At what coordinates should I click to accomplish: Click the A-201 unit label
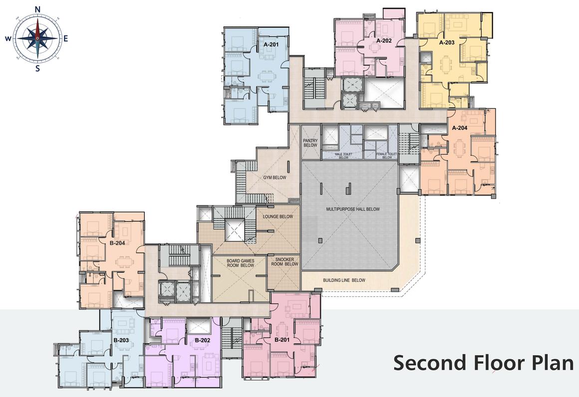(x=271, y=44)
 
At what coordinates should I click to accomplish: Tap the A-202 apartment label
(x=384, y=40)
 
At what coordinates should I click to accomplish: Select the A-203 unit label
(x=447, y=42)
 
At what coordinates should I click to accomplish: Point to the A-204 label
(x=460, y=128)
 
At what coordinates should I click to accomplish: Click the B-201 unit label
(x=282, y=340)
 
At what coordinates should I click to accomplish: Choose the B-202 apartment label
(x=202, y=340)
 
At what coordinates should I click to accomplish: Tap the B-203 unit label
(x=121, y=340)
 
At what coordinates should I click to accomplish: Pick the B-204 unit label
(x=117, y=243)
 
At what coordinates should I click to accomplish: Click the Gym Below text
(x=275, y=178)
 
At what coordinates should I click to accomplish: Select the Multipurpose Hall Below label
(x=353, y=209)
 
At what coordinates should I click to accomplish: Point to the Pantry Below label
(x=310, y=143)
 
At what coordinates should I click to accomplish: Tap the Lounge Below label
(x=278, y=216)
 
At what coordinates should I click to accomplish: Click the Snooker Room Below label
(x=285, y=262)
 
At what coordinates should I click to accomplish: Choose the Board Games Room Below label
(x=241, y=263)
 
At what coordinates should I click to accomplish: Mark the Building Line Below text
(x=344, y=280)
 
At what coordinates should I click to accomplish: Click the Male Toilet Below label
(x=343, y=156)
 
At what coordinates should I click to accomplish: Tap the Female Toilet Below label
(x=387, y=156)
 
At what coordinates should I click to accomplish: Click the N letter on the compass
(x=37, y=9)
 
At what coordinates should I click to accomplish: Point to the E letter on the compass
(x=66, y=38)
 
